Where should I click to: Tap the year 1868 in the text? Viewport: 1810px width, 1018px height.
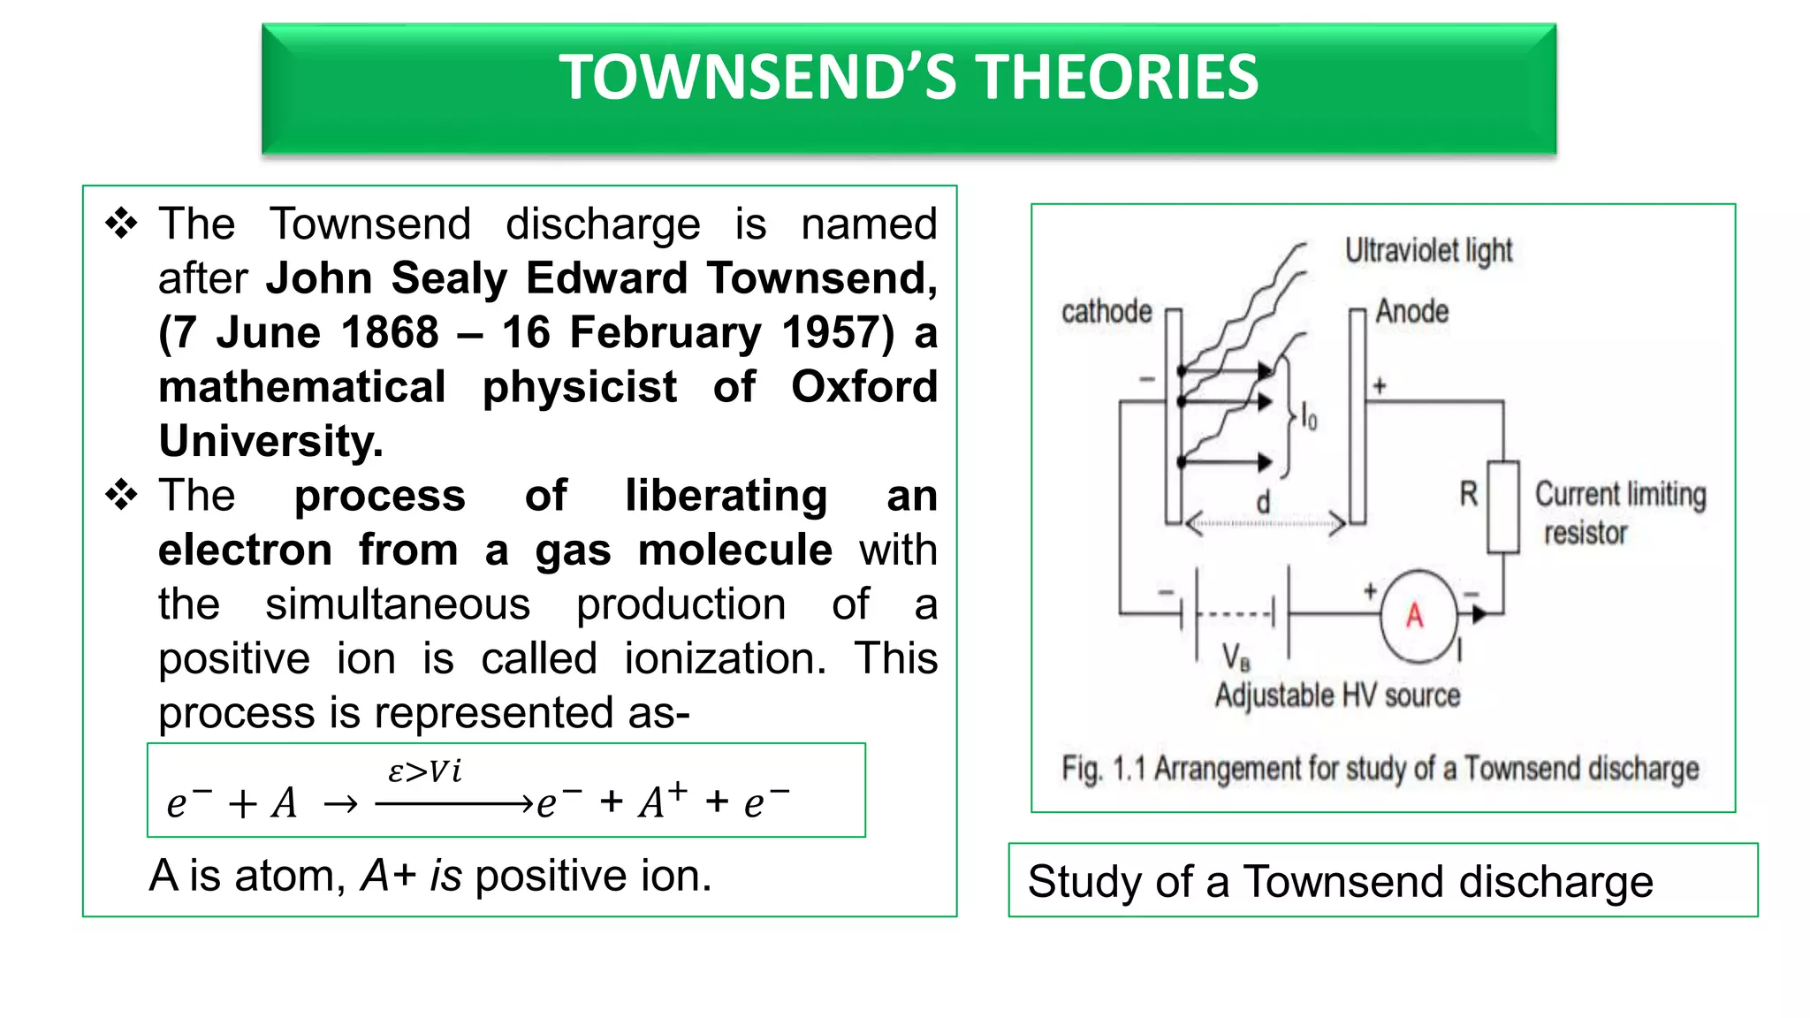click(390, 333)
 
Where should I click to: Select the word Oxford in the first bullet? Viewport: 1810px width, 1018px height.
click(863, 387)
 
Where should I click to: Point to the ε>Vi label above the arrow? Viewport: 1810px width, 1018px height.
click(424, 771)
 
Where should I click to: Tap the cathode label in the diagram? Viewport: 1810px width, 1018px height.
click(1107, 311)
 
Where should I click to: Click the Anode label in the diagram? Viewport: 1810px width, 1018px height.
click(1411, 311)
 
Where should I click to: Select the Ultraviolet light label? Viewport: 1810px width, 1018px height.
click(1428, 251)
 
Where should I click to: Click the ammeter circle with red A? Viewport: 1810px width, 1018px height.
click(1417, 616)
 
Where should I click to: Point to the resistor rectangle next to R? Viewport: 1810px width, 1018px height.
click(1502, 507)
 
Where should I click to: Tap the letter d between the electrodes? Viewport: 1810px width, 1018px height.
click(1263, 503)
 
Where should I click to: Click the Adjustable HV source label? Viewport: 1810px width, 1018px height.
click(1337, 695)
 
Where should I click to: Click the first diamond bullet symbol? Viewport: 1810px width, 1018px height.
click(121, 224)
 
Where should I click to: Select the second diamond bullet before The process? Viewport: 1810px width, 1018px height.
click(121, 495)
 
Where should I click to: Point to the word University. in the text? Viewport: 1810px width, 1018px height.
click(270, 441)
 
